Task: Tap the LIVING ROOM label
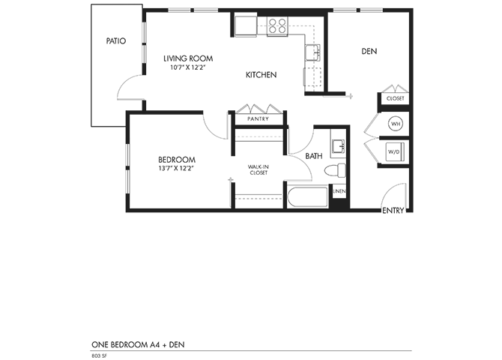click(188, 58)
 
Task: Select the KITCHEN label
click(261, 75)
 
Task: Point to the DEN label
click(369, 52)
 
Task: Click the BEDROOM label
click(177, 159)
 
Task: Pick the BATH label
click(314, 155)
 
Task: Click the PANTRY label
click(258, 118)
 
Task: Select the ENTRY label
click(393, 211)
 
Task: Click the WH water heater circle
click(395, 123)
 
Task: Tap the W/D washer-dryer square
click(394, 151)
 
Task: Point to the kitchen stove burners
click(278, 26)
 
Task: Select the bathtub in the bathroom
click(306, 198)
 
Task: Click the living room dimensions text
click(188, 67)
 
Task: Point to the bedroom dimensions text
click(177, 169)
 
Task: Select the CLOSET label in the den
click(395, 98)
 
